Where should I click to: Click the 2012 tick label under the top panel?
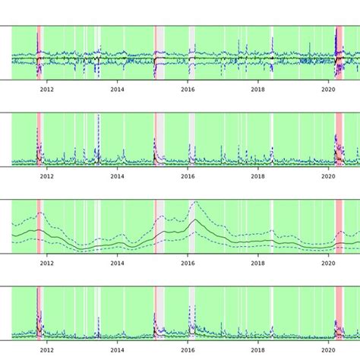tap(46, 89)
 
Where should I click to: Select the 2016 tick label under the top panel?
tap(188, 89)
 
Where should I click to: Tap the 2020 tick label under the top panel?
tap(329, 89)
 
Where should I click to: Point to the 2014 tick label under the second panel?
tap(117, 176)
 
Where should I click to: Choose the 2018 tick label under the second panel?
tap(258, 176)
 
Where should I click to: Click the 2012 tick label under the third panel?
tap(46, 263)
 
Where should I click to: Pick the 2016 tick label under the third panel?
tap(188, 263)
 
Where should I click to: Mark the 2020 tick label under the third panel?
tap(329, 263)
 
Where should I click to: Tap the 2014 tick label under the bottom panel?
tap(117, 350)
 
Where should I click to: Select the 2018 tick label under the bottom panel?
tap(258, 350)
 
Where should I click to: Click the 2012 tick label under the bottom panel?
tap(46, 350)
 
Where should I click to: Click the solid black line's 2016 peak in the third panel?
tap(194, 220)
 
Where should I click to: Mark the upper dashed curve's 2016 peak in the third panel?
tap(194, 202)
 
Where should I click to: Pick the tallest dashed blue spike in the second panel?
tap(99, 116)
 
